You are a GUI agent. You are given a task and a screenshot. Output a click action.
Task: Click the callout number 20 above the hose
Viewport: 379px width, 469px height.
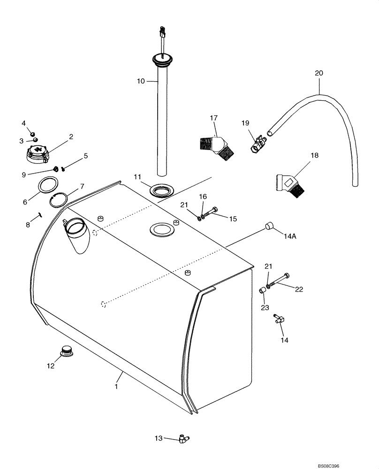[x=319, y=73]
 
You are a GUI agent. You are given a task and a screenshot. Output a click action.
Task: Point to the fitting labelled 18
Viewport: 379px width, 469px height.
[x=291, y=184]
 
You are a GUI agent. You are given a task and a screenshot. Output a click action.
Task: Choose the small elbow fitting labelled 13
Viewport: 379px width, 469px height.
[x=183, y=439]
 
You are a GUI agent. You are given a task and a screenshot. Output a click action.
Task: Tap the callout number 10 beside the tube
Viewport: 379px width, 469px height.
[x=141, y=81]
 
